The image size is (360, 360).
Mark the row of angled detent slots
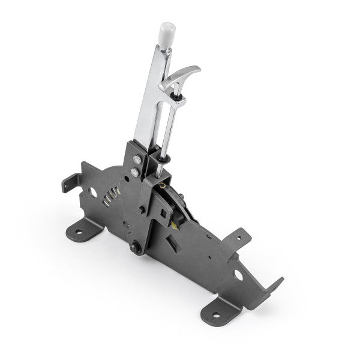pos(109,197)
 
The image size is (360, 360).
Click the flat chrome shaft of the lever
pos(147,102)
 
